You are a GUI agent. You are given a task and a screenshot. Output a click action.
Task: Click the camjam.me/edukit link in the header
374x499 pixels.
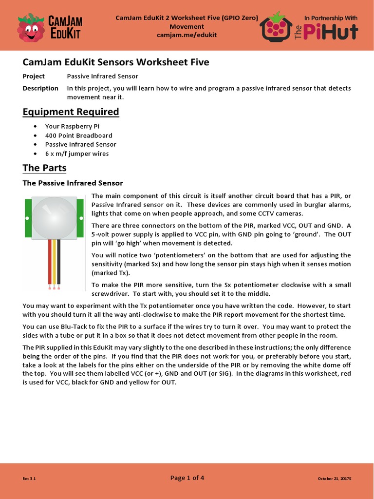187,35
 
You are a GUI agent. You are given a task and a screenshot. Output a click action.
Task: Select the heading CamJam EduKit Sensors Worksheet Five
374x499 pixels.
116,62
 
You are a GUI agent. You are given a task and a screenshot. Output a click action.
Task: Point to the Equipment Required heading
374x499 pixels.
71,112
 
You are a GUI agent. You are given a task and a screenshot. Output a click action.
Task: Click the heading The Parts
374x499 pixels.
44,168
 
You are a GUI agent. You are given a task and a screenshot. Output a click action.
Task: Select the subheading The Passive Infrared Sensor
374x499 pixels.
73,183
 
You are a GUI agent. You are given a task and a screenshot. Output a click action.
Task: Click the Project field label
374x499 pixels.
34,76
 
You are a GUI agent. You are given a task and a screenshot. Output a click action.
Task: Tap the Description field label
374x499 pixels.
40,88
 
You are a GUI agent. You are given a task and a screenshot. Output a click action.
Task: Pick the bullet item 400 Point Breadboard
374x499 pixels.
78,135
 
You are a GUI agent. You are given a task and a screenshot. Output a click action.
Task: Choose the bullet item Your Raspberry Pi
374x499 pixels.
72,126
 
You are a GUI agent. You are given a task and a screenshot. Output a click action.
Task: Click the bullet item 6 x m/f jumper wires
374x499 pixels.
77,154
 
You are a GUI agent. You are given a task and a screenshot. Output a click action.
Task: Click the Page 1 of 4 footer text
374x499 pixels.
187,478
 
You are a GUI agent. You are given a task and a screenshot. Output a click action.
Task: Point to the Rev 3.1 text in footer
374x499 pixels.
29,479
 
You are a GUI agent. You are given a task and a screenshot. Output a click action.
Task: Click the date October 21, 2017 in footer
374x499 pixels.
335,479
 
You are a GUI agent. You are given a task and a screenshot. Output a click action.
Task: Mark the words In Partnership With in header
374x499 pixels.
331,18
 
